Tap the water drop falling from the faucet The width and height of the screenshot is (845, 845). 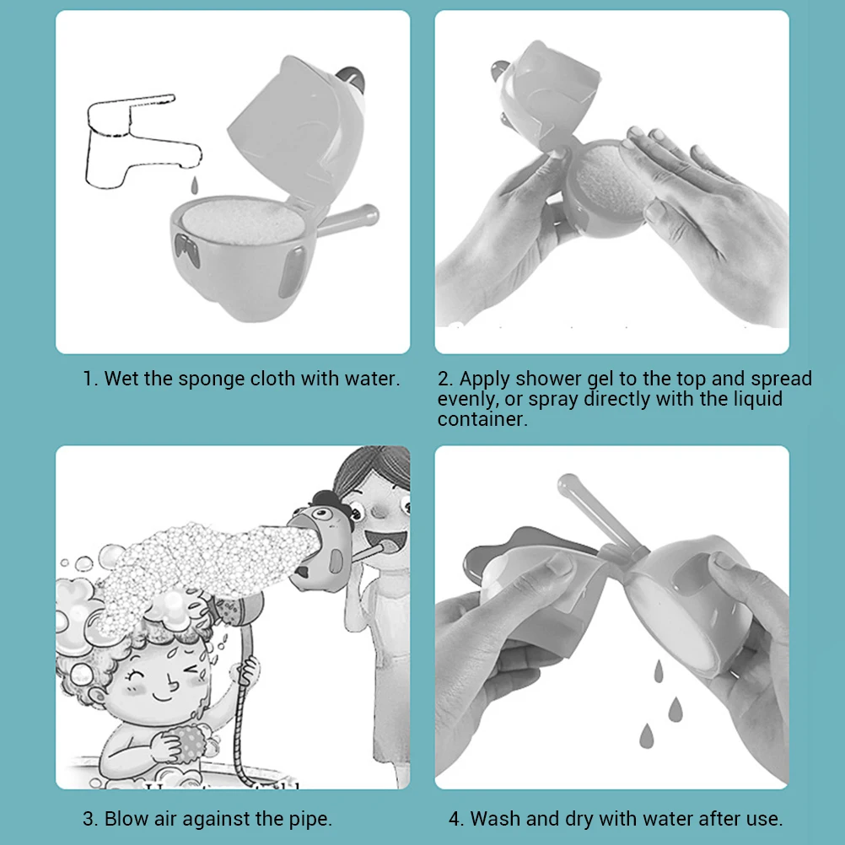tap(195, 186)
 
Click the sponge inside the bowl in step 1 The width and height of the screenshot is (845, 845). tap(243, 221)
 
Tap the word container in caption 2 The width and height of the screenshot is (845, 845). tap(482, 419)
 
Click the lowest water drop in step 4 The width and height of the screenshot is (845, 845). tap(646, 735)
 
